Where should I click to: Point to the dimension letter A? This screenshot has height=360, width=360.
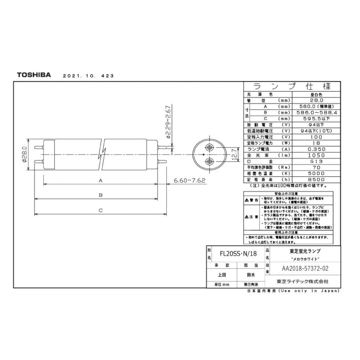(101, 180)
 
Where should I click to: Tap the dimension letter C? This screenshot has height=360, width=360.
(101, 210)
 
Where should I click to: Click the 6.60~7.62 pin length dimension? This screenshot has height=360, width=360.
(190, 180)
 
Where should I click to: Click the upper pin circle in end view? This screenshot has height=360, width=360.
(209, 147)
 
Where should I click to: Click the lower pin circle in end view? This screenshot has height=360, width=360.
(209, 162)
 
